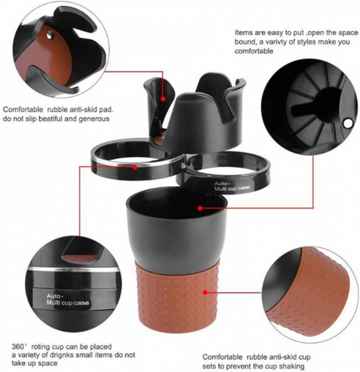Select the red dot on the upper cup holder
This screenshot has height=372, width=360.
163,98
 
